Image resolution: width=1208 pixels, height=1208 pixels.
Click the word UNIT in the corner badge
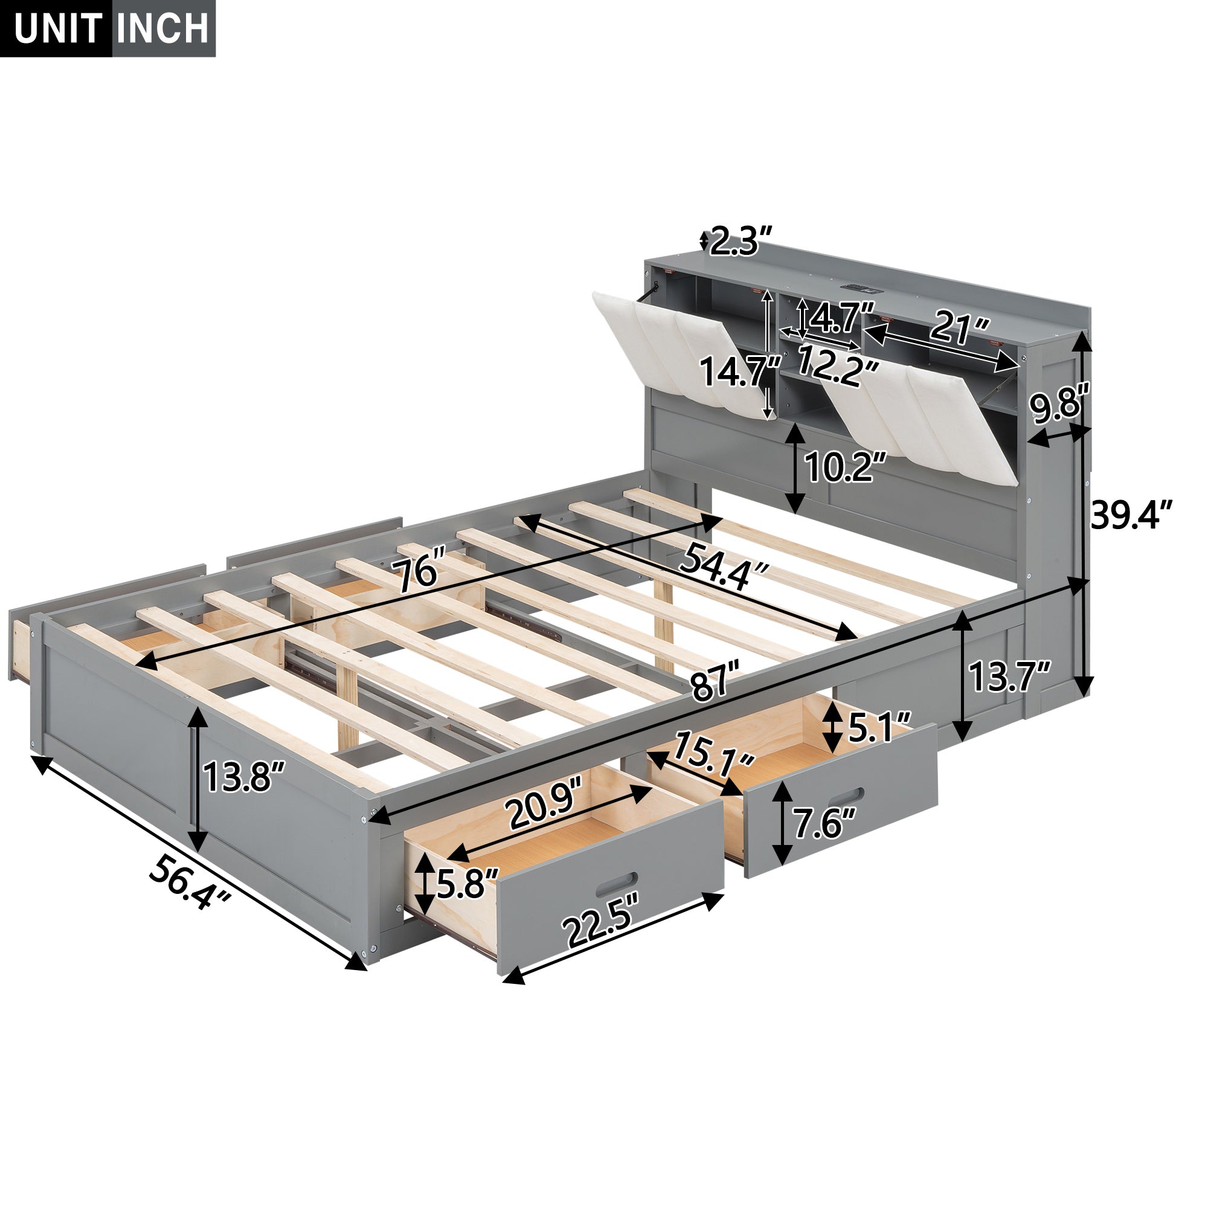pos(57,28)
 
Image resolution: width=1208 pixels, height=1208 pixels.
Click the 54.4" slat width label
pos(725,566)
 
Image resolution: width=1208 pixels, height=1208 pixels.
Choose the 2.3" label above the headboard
pos(742,241)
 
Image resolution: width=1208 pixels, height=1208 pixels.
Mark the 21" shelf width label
pos(960,327)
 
